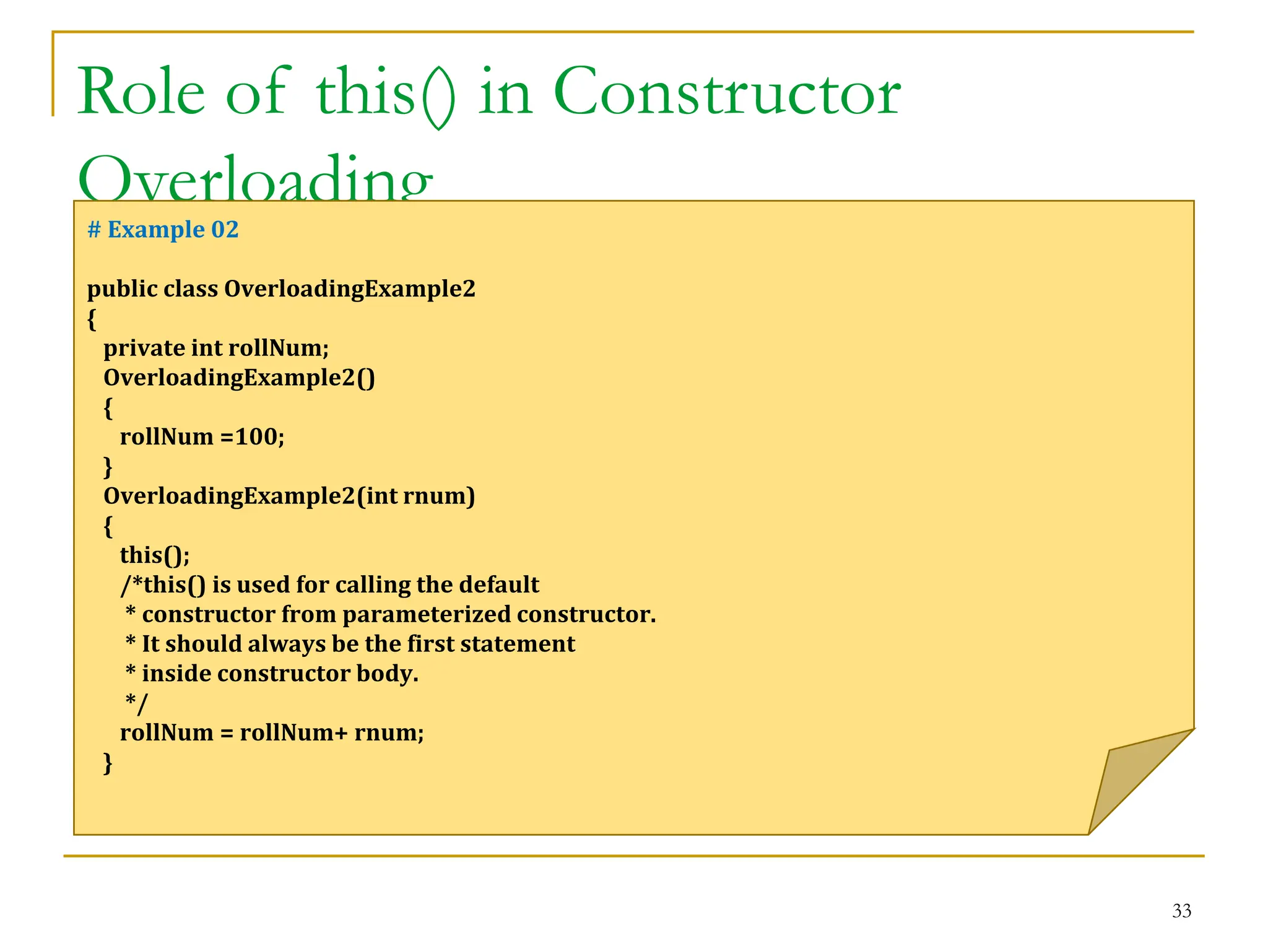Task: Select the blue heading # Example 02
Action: click(x=163, y=230)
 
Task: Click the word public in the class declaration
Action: click(x=121, y=289)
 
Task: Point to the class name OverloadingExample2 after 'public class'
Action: click(x=350, y=289)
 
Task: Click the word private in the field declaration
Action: click(x=144, y=348)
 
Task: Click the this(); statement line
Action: click(x=155, y=555)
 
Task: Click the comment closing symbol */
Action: click(x=137, y=703)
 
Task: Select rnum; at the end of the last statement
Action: click(x=389, y=733)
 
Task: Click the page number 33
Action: click(x=1181, y=911)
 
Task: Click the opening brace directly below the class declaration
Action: click(x=92, y=319)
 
